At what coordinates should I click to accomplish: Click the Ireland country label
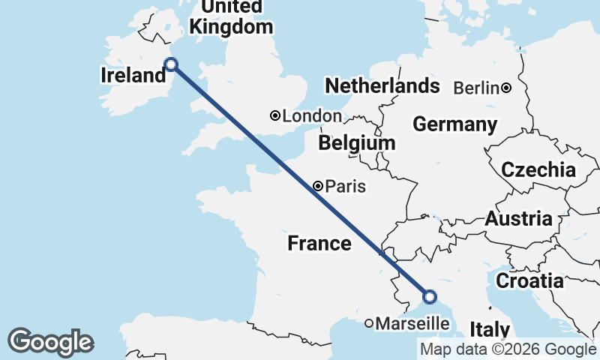click(133, 75)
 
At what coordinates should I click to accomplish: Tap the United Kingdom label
click(231, 18)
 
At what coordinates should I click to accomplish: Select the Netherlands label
click(382, 85)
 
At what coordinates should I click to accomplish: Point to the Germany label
click(455, 124)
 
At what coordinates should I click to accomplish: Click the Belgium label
click(356, 142)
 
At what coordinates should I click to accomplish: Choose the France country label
click(319, 243)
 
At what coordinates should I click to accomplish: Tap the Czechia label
click(538, 170)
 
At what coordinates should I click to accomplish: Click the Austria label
click(519, 219)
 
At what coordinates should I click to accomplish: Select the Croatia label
click(530, 281)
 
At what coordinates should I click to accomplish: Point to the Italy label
click(490, 329)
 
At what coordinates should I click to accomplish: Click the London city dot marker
click(275, 115)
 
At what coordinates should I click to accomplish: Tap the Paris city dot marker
click(319, 186)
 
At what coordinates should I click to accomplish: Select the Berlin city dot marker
click(506, 88)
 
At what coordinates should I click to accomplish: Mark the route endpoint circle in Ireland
click(171, 64)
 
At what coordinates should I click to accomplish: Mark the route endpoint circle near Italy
click(430, 297)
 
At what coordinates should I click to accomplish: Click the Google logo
click(50, 342)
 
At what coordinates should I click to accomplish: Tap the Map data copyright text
click(508, 349)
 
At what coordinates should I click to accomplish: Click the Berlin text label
click(476, 88)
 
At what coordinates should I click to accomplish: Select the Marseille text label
click(412, 324)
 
